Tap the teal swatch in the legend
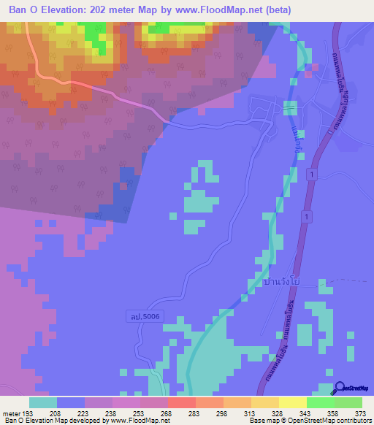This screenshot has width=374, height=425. coord(42,402)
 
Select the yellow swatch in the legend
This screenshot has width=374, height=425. coord(292,402)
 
